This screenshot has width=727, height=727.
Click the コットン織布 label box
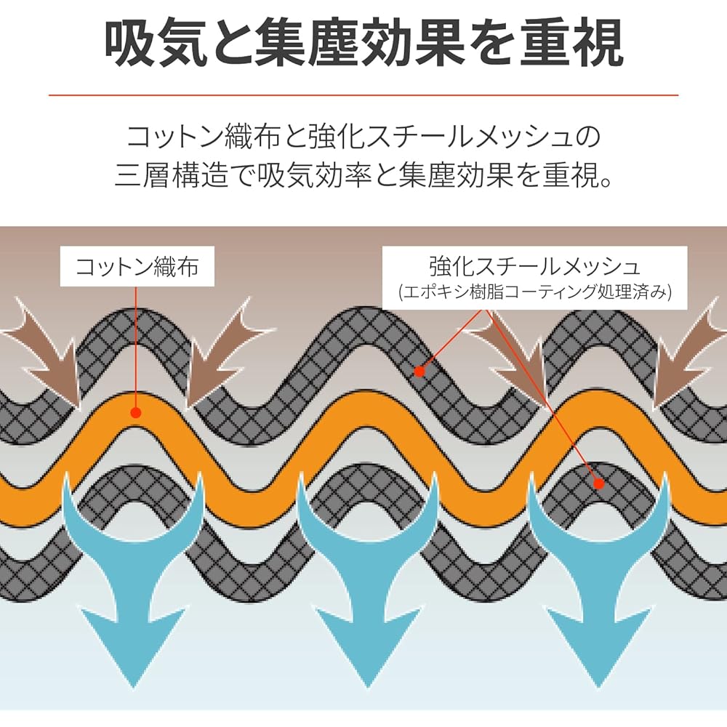coord(137,266)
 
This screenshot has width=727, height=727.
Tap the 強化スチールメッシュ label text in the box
coord(534,266)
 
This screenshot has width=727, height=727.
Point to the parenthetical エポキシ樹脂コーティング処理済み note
coord(534,292)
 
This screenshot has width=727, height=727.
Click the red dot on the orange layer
coord(135,412)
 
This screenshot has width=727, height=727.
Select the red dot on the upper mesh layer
coord(419,371)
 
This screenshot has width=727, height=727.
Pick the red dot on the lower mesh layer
coord(598,483)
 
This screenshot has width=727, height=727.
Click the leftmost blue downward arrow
coord(133,579)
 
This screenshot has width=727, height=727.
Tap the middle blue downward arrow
coord(367,579)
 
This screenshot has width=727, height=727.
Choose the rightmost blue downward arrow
coord(598,579)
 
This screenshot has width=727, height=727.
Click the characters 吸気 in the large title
coord(156,43)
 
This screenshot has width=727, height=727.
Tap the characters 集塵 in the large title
coord(308,43)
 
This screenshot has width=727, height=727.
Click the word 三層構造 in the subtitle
coord(172,176)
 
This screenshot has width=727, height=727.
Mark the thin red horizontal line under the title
coord(363,95)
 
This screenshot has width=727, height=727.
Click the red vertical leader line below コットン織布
coord(136,347)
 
